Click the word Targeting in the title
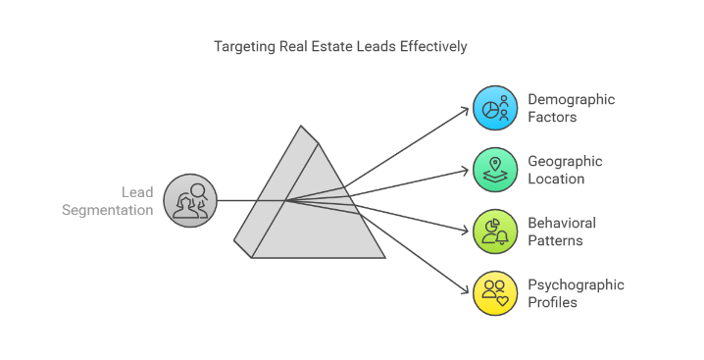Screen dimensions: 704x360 (245, 47)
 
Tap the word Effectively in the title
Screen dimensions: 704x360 (433, 46)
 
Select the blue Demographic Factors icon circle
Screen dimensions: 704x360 (495, 108)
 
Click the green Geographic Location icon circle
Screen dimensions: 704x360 (495, 170)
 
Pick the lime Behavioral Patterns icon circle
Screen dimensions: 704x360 (495, 231)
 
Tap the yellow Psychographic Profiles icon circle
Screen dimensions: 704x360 (495, 293)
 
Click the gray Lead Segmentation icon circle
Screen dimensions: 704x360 (190, 200)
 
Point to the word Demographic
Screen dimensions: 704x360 (571, 100)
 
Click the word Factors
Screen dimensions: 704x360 (552, 117)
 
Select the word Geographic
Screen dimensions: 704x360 (565, 162)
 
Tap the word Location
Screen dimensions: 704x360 (556, 179)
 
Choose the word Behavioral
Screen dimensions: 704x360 (562, 223)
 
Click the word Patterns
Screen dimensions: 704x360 (555, 240)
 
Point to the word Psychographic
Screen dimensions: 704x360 (576, 285)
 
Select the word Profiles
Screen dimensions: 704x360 (552, 302)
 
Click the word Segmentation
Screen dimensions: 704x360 (107, 210)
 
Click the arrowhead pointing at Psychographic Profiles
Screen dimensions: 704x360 (465, 291)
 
